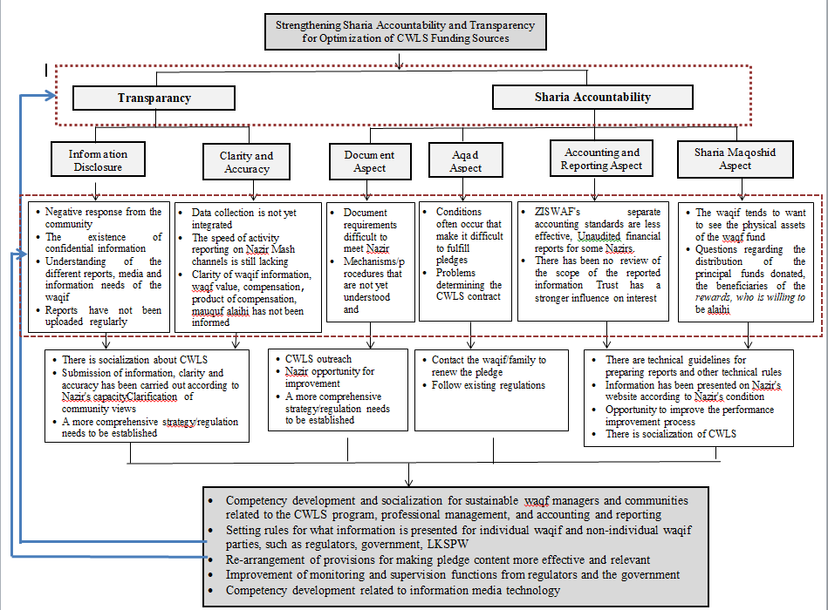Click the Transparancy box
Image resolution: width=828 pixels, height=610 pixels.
[x=154, y=98]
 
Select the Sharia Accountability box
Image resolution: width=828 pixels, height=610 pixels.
[x=592, y=97]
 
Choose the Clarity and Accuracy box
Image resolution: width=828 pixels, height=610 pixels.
[x=246, y=162]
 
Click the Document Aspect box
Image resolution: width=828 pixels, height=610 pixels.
[x=370, y=161]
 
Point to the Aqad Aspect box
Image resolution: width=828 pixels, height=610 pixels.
[x=465, y=161]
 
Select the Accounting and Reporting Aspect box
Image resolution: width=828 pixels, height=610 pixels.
[x=601, y=159]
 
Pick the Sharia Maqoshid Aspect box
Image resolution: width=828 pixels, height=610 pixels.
[x=735, y=159]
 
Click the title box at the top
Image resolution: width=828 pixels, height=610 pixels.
[x=399, y=32]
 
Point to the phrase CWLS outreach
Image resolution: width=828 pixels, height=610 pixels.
[x=318, y=359]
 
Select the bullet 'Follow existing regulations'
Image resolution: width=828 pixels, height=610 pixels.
[x=489, y=384]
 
